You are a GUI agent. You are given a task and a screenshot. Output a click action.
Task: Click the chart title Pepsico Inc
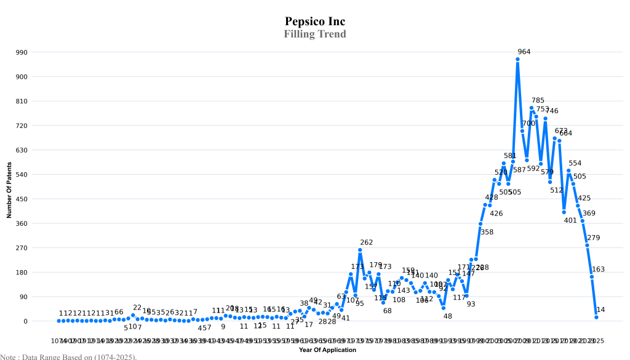coord(315,22)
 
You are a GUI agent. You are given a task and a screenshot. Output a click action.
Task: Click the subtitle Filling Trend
coord(315,34)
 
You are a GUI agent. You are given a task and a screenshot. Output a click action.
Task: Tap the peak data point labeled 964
coord(518,59)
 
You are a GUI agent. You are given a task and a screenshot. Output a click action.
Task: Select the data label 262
coord(367,242)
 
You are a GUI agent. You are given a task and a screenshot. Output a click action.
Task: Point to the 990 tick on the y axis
coord(22,52)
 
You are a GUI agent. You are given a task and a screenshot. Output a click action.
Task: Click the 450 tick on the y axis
coord(22,199)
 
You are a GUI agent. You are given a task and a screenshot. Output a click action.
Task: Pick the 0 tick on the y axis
coord(26,321)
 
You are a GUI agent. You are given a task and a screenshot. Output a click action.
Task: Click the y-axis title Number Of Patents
coord(9,190)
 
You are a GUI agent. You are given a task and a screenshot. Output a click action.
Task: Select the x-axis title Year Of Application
coord(327,350)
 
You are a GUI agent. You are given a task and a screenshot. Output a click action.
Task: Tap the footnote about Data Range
coord(68,356)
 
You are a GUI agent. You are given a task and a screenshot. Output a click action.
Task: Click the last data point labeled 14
coord(596,317)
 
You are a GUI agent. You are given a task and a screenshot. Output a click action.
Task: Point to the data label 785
coord(538,100)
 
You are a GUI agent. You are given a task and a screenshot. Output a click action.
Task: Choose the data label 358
coord(487,232)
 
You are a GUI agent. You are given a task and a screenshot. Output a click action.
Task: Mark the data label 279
coord(593,238)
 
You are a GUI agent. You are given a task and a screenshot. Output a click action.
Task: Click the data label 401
coord(570,220)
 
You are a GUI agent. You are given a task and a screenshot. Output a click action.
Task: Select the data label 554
coord(575,163)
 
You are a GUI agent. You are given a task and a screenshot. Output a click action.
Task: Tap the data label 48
coord(448,316)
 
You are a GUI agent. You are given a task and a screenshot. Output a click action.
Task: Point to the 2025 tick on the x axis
coord(596,340)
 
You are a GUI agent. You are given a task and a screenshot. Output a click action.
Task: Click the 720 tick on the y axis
coord(22,126)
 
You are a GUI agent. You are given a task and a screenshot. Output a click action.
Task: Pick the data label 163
coord(598,269)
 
